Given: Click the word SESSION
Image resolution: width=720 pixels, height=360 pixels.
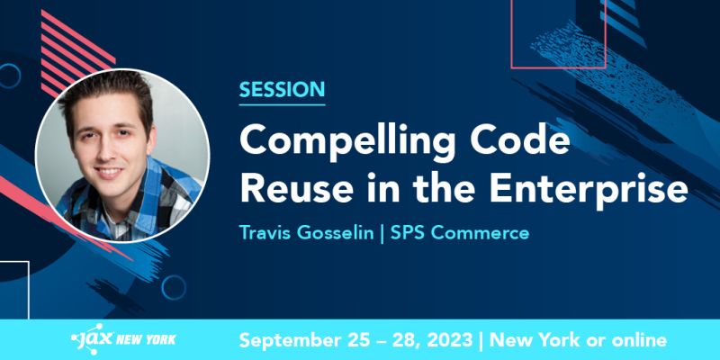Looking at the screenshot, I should tap(282, 90).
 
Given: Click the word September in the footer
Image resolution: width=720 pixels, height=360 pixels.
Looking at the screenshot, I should tap(292, 340).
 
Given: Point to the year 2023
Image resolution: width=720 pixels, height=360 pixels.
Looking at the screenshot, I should tap(445, 340).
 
